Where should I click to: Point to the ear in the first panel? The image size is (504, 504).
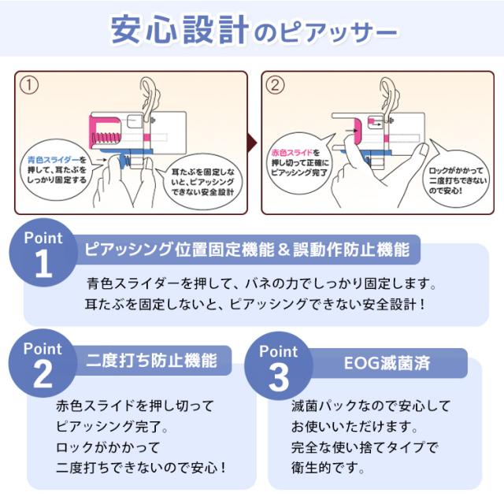tap(149, 103)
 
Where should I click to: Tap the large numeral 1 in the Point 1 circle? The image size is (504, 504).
tap(43, 265)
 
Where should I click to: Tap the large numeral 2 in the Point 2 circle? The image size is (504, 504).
tap(43, 375)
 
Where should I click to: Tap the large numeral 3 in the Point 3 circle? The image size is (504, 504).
tap(279, 377)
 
